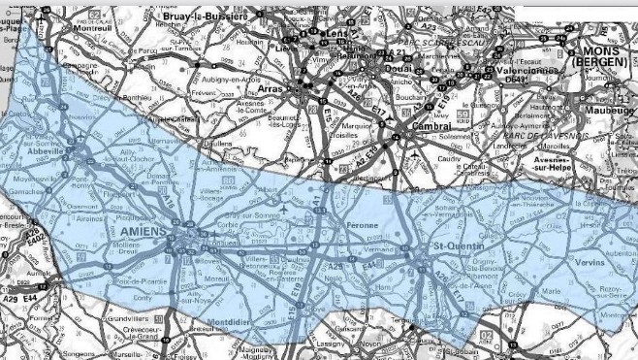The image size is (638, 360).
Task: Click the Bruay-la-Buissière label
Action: pyautogui.click(x=206, y=16)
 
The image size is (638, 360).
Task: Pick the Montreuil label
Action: pyautogui.click(x=92, y=28)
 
